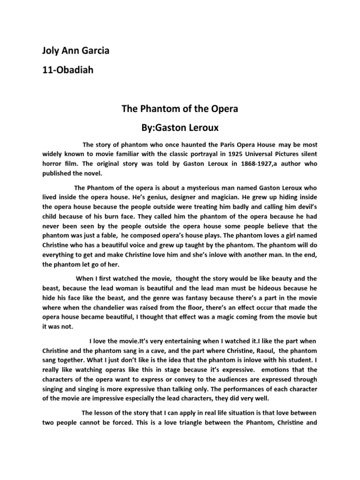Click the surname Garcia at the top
94,51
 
